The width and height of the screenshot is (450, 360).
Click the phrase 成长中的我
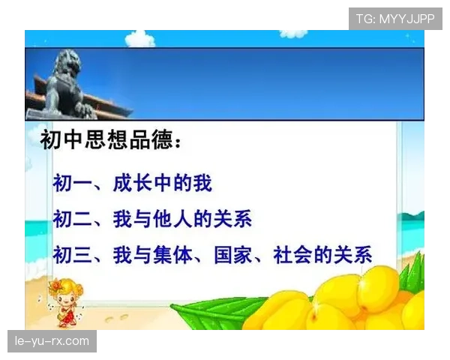pos(163,182)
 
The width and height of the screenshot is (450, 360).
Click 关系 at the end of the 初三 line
pos(353,254)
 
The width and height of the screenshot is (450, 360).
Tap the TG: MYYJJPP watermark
pos(395,19)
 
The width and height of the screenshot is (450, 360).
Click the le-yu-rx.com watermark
pos(52,341)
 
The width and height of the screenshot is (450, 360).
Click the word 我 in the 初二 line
pos(122,219)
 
